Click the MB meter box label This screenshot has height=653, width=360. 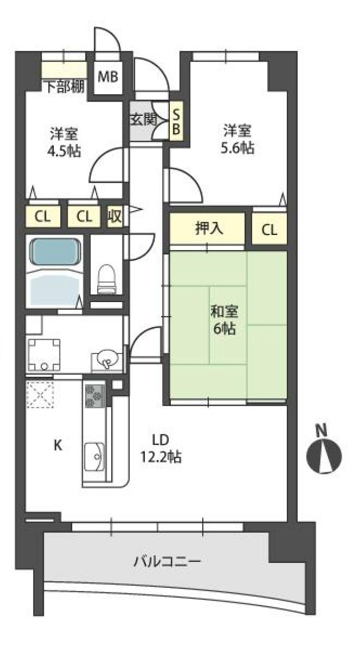(108, 77)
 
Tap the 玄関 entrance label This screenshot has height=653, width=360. (143, 119)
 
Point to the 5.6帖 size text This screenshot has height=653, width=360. (237, 147)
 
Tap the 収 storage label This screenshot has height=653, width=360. (115, 216)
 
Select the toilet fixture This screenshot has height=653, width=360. (107, 279)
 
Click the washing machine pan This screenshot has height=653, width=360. (44, 355)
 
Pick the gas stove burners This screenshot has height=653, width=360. (95, 396)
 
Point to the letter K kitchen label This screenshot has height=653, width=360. (58, 445)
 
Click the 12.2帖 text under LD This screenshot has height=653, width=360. (161, 457)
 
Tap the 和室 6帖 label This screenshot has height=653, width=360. (224, 320)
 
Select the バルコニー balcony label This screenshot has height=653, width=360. (167, 561)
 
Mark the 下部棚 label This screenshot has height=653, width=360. (66, 86)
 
